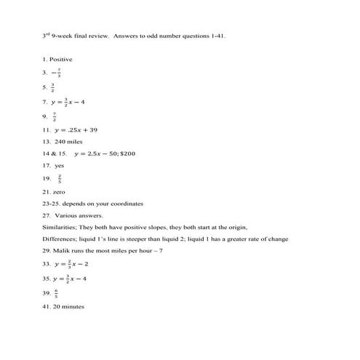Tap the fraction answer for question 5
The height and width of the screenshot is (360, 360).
coord(53,87)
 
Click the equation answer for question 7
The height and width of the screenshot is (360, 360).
coord(76,100)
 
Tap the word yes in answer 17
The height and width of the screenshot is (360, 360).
coord(60,166)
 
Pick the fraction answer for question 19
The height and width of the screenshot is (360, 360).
coord(59,178)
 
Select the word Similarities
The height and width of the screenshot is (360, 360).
coord(59,228)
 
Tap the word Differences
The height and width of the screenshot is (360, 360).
coord(60,239)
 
